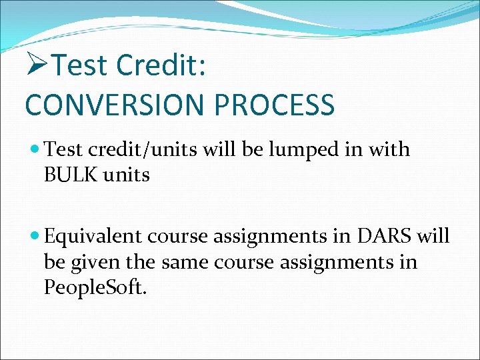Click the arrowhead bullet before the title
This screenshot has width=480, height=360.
37,65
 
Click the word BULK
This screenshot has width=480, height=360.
69,175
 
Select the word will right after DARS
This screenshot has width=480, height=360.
431,237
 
